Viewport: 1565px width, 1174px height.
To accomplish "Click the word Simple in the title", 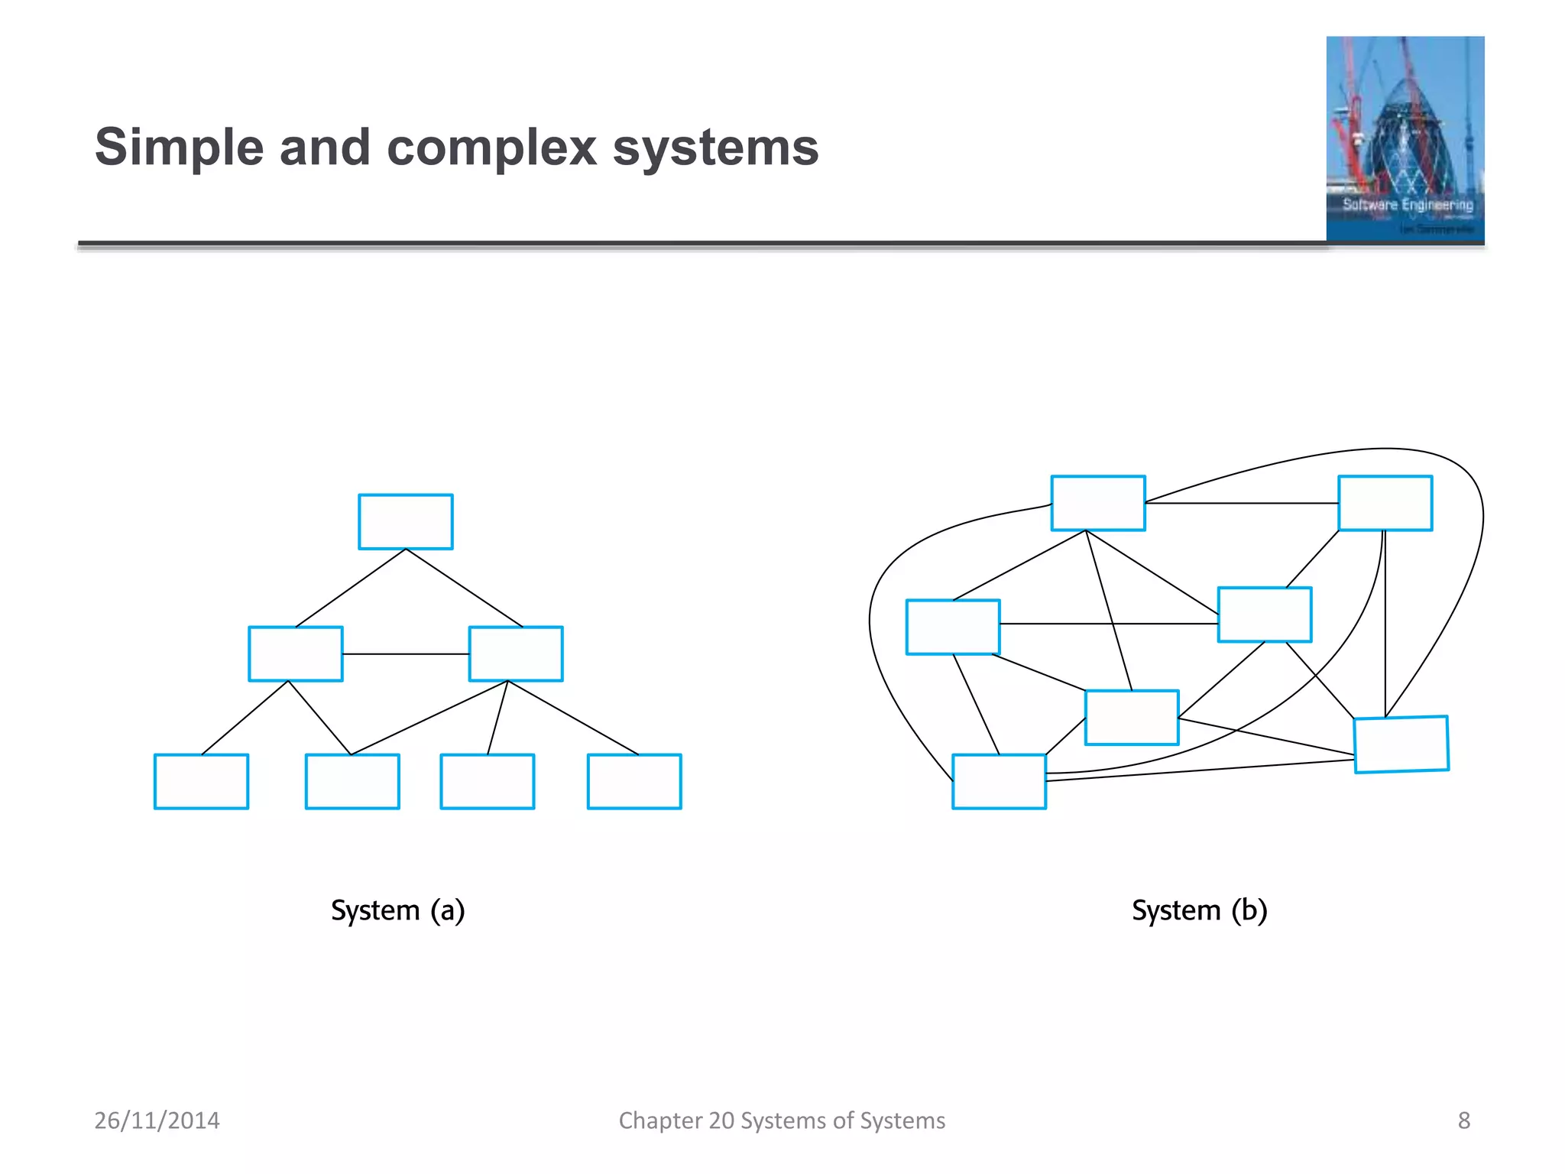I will pyautogui.click(x=179, y=147).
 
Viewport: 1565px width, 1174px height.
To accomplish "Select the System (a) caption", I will pyautogui.click(x=397, y=910).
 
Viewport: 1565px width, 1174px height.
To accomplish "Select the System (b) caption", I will pyautogui.click(x=1199, y=910).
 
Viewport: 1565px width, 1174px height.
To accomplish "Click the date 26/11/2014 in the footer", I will pyautogui.click(x=157, y=1120).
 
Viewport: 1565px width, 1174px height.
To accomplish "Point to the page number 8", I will pyautogui.click(x=1463, y=1120).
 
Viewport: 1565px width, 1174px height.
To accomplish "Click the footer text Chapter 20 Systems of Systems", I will pyautogui.click(x=782, y=1120).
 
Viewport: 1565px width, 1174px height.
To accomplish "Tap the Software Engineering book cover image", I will pyautogui.click(x=1405, y=139).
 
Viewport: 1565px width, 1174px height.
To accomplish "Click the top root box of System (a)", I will pyautogui.click(x=406, y=522).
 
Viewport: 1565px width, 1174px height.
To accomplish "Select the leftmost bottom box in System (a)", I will pyautogui.click(x=201, y=781).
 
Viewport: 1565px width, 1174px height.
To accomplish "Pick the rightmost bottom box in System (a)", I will pyautogui.click(x=634, y=781).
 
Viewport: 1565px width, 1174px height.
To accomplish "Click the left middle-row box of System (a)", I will pyautogui.click(x=296, y=653).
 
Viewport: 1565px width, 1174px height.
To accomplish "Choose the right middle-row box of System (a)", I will pyautogui.click(x=516, y=653).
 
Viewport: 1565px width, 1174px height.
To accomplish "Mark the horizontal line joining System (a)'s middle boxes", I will pyautogui.click(x=406, y=654).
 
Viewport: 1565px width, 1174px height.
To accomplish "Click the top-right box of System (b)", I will pyautogui.click(x=1385, y=503).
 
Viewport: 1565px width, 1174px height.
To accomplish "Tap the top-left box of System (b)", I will pyautogui.click(x=1098, y=503).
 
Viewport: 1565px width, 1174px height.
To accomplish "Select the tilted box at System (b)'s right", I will pyautogui.click(x=1401, y=744).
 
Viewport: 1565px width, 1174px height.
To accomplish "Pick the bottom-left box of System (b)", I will pyautogui.click(x=999, y=781).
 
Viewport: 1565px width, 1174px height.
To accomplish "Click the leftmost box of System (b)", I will pyautogui.click(x=953, y=627).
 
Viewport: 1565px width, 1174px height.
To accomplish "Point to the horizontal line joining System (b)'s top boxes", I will pyautogui.click(x=1242, y=503).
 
